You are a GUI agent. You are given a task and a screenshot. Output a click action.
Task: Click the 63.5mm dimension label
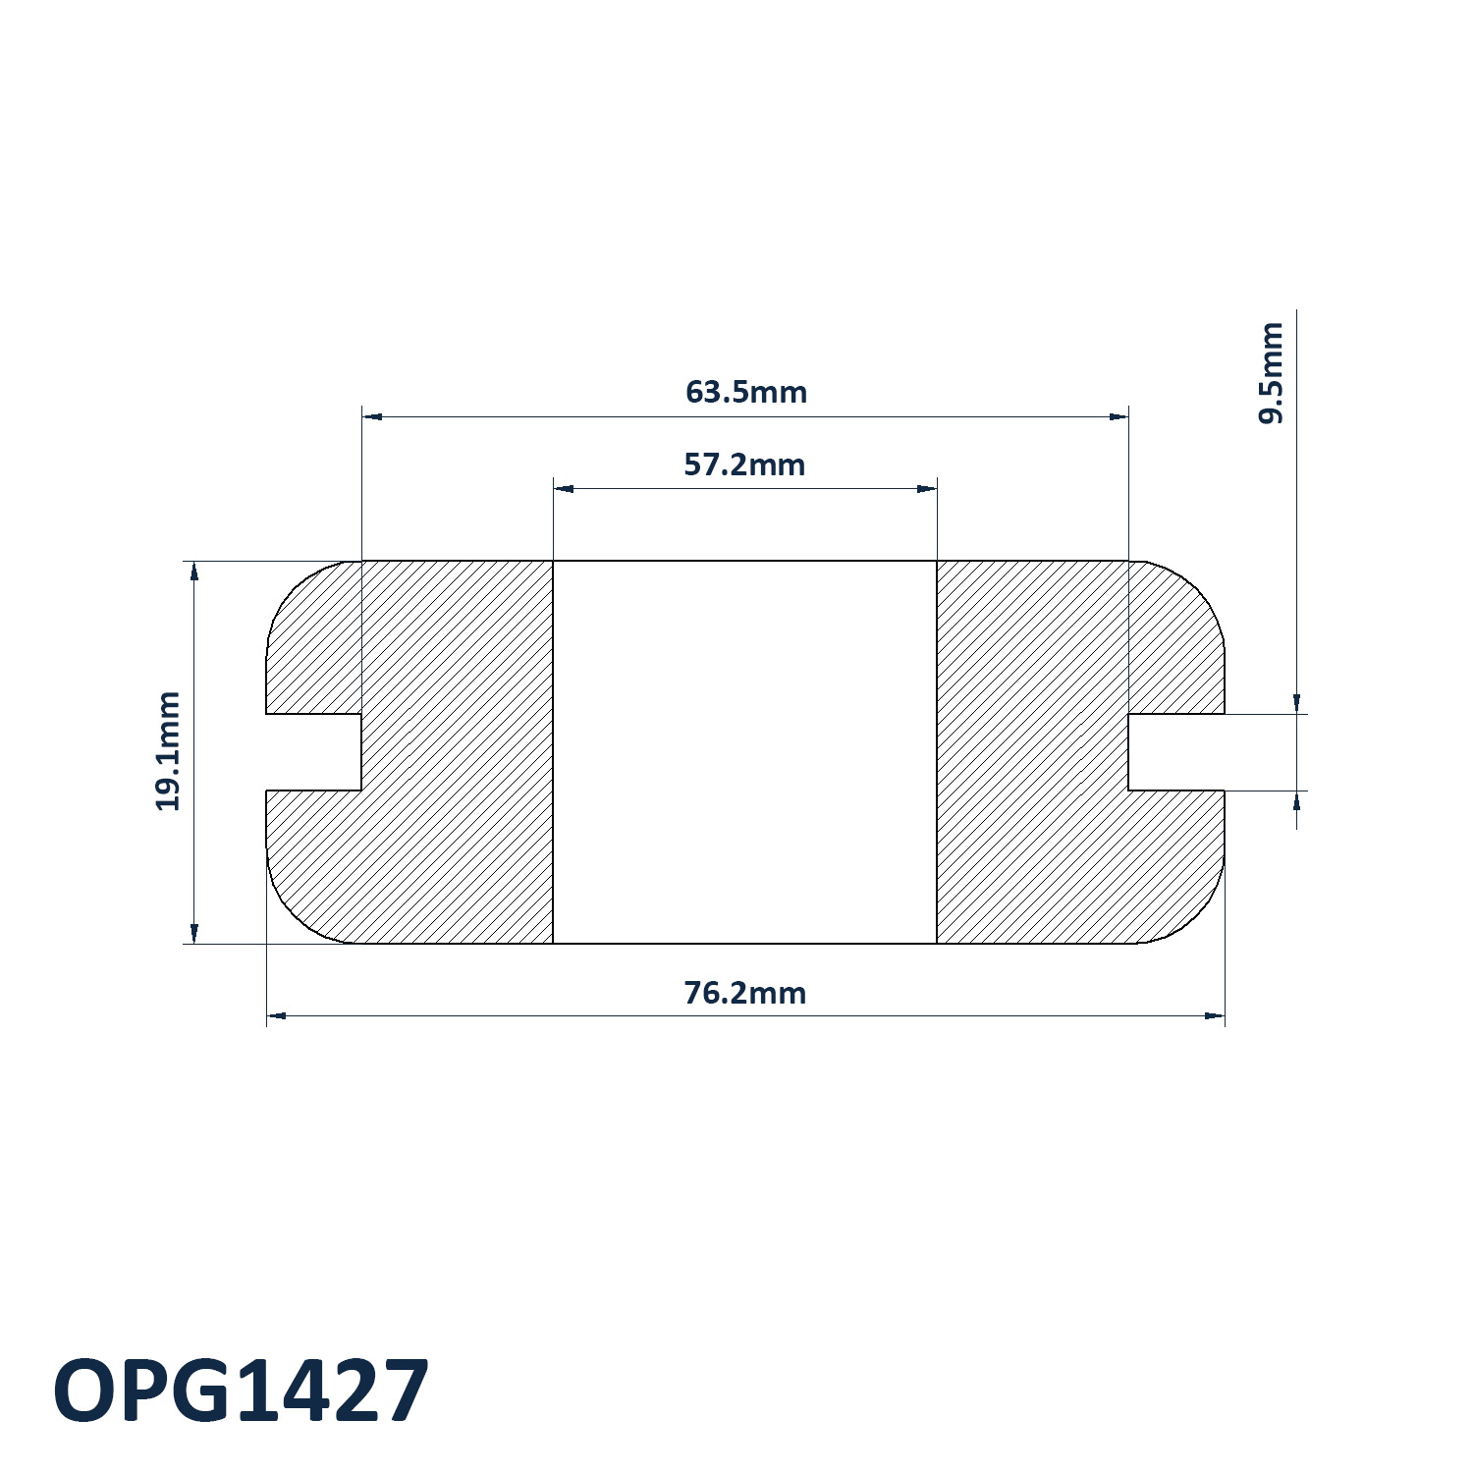point(746,392)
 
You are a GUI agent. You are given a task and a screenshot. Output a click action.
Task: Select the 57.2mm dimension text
point(744,464)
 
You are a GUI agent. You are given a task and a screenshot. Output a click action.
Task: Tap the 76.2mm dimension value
point(744,993)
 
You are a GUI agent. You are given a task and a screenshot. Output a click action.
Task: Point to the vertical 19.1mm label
point(168,751)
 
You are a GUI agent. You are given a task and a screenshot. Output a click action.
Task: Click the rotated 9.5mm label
point(1271,373)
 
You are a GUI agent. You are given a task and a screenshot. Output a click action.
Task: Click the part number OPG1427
point(241,1391)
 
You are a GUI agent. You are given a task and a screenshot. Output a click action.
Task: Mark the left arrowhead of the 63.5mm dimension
point(372,417)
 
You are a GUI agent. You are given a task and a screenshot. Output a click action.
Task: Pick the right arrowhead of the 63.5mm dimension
point(1118,417)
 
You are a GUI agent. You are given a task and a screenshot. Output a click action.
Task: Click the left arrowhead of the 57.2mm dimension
point(563,489)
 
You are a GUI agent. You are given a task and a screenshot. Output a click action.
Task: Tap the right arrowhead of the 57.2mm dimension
point(927,489)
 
